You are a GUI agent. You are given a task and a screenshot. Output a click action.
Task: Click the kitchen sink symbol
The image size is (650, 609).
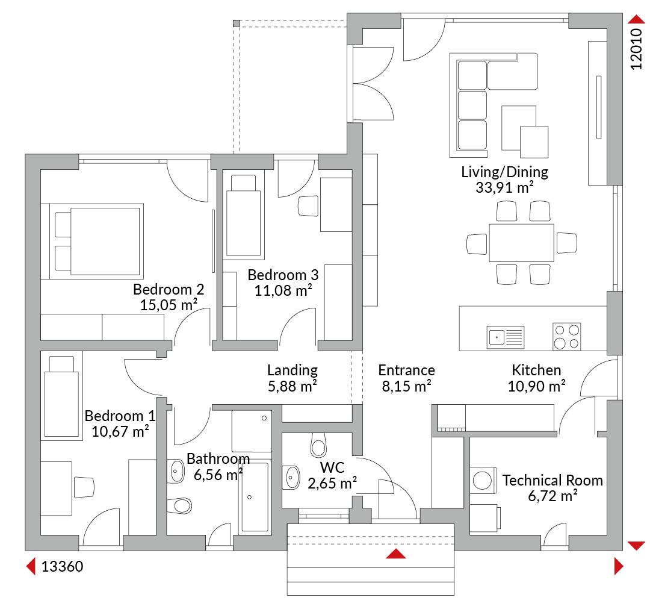point(506,337)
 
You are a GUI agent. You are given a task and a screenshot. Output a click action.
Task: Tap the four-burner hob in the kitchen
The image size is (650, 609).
point(567,337)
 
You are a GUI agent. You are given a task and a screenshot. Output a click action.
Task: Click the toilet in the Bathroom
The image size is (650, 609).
point(179,506)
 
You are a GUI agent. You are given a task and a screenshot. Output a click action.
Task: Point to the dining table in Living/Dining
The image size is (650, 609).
point(521,243)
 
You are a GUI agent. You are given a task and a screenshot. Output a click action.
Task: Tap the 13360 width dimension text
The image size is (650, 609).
point(62,566)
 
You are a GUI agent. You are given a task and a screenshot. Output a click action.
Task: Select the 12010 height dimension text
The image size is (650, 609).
point(636,49)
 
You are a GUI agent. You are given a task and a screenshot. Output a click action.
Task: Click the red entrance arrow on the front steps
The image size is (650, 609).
point(396,554)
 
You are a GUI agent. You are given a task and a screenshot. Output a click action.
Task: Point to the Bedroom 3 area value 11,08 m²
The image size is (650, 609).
point(283,290)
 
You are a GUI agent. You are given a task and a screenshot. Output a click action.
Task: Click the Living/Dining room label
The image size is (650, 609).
point(504,172)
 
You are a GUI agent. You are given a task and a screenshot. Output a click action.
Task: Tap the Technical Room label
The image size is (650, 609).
point(552,480)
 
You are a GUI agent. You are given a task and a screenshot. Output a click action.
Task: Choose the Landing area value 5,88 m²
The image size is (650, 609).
point(292,386)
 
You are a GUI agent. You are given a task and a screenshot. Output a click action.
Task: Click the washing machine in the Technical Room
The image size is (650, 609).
point(483,481)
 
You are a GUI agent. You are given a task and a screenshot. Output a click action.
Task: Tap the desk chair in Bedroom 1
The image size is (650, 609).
point(84,487)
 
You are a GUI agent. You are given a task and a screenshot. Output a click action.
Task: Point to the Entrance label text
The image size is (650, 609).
point(407,370)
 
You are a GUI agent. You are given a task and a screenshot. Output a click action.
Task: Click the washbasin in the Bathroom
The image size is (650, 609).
point(176,471)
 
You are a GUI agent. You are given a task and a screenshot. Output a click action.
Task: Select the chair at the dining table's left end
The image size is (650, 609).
point(477,244)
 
